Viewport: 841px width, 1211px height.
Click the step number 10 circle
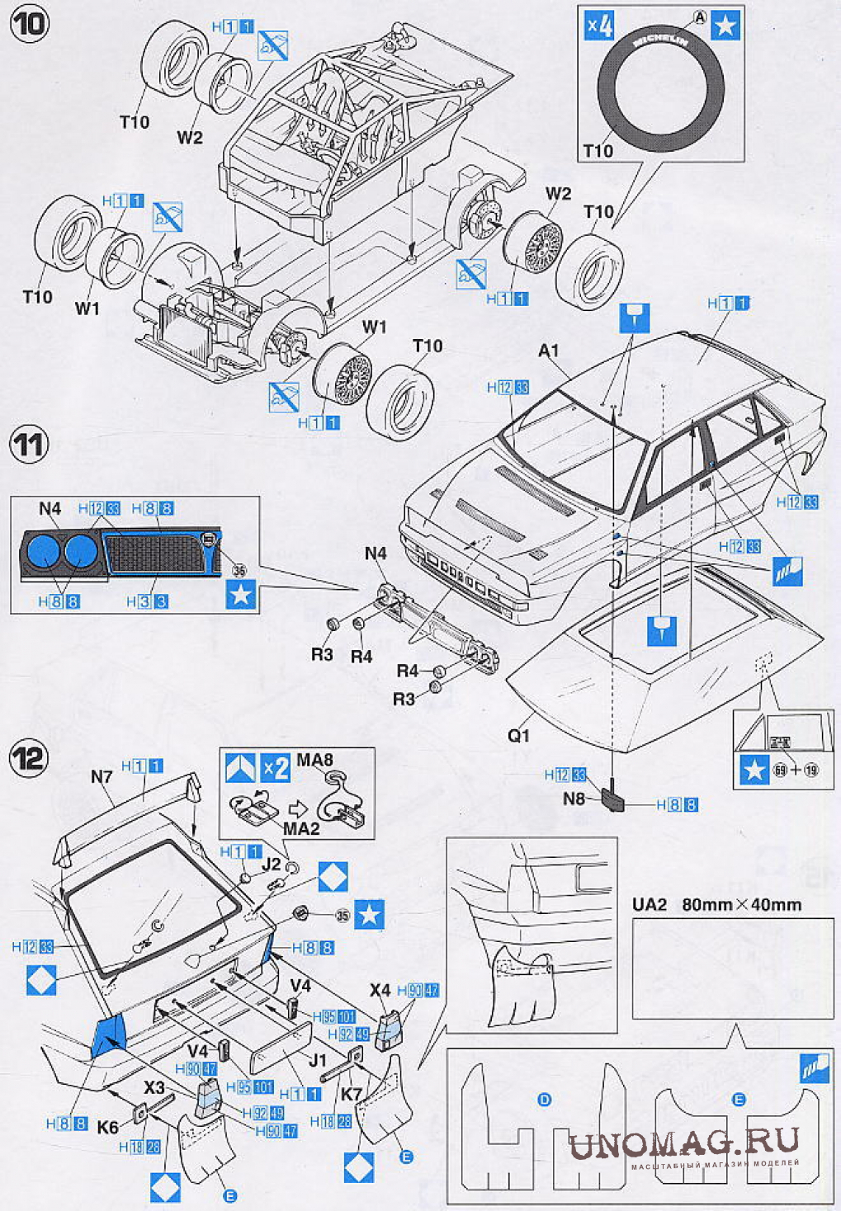point(29,23)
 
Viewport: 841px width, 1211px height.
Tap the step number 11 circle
point(29,445)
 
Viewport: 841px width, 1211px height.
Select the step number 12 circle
point(29,756)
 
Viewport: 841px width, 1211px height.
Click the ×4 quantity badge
point(600,26)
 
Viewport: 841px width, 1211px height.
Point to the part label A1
point(548,351)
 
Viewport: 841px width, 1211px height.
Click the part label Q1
point(518,734)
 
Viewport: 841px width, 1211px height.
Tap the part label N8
point(574,798)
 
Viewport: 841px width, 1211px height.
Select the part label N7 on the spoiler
point(102,776)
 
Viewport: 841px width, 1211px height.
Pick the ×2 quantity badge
point(276,768)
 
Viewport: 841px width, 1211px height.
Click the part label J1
point(318,1059)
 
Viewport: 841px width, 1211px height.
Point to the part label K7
point(352,1094)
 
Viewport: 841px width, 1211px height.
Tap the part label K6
point(107,1126)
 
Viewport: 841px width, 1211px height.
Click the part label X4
point(380,989)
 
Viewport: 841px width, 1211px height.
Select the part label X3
point(154,1087)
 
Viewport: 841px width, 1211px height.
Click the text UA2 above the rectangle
point(649,904)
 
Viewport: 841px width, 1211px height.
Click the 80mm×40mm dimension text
point(741,904)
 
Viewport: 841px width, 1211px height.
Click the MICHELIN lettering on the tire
point(660,41)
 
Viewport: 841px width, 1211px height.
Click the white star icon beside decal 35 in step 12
point(369,915)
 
